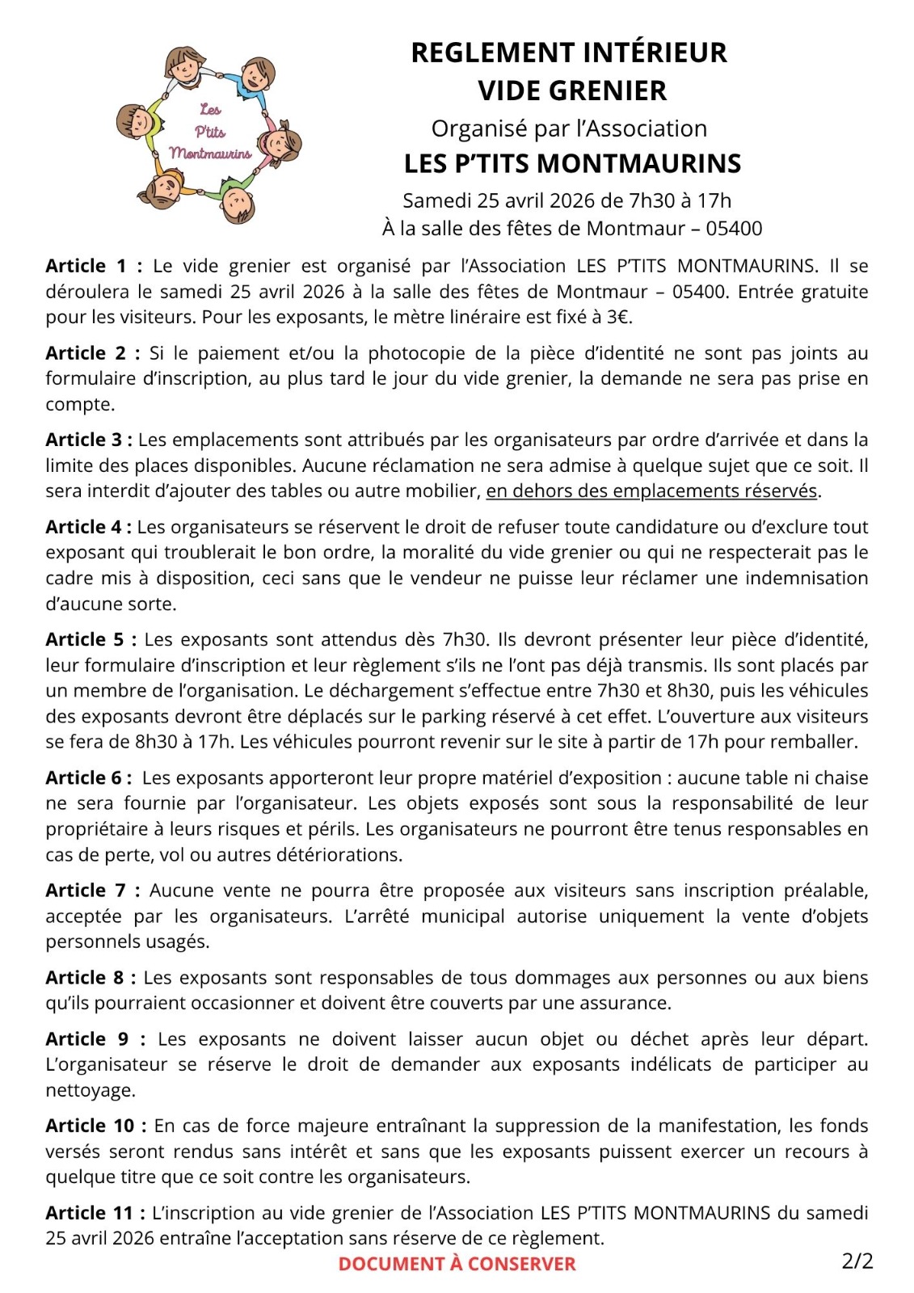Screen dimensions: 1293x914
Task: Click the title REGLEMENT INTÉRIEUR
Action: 569,53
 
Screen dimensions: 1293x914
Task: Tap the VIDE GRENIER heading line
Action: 572,91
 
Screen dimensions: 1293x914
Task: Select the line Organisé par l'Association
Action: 569,128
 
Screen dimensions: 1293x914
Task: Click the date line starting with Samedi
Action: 567,200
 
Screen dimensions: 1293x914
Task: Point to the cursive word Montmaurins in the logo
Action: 210,153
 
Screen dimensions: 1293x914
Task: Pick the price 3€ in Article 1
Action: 617,317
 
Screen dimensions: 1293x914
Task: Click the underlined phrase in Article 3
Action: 652,491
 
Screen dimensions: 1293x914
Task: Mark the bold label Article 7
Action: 86,891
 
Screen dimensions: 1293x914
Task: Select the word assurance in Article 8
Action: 631,1003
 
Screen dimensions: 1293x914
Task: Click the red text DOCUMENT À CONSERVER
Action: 457,1264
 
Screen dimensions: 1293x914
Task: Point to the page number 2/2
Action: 857,1261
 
